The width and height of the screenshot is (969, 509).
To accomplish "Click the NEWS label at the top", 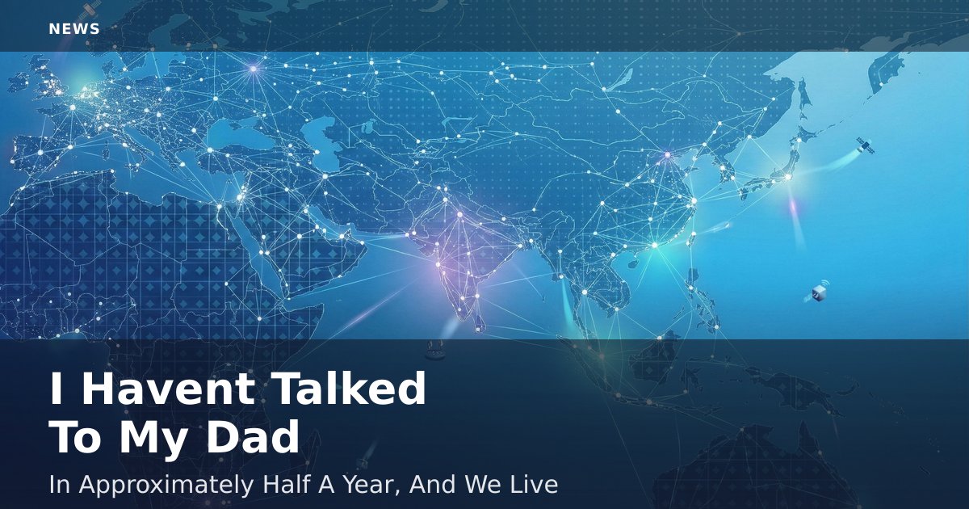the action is click(x=74, y=29).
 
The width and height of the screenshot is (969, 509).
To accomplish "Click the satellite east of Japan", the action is click(x=865, y=146).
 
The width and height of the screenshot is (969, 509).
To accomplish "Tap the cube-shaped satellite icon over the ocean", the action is click(x=817, y=292).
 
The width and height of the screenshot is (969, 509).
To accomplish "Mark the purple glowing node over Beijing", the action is click(x=668, y=154).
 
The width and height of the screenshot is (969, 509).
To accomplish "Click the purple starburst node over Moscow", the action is click(x=254, y=69).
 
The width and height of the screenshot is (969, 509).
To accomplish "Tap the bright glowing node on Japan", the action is click(x=788, y=177).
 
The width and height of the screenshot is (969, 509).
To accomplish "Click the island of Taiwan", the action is click(x=691, y=238).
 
